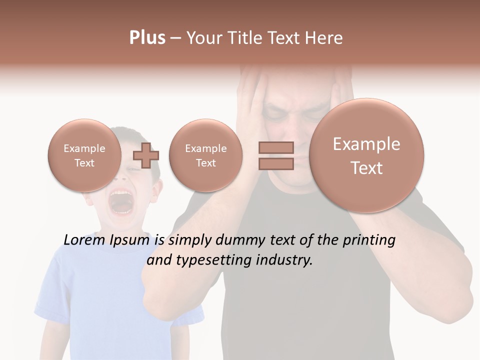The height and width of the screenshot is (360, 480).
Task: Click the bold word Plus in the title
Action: pyautogui.click(x=147, y=38)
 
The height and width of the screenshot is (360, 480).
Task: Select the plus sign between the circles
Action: pyautogui.click(x=146, y=155)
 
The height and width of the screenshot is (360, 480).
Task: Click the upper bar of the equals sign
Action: pyautogui.click(x=276, y=147)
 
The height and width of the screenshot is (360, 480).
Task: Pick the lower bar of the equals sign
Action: pyautogui.click(x=276, y=164)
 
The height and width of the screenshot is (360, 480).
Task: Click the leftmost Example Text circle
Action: pyautogui.click(x=84, y=155)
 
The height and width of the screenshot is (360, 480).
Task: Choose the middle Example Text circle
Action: pyautogui.click(x=205, y=155)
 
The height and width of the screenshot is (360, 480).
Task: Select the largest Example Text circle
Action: pyautogui.click(x=366, y=155)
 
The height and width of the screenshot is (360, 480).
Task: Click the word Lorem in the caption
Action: pyautogui.click(x=84, y=240)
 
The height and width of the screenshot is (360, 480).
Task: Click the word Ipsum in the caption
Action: pyautogui.click(x=129, y=240)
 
